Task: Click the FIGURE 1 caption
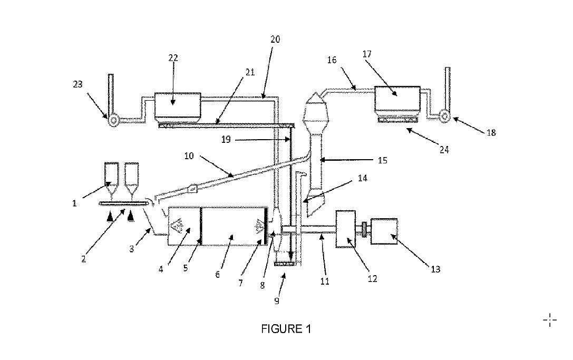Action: point(286,329)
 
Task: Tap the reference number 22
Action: point(173,57)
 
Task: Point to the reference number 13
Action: point(435,269)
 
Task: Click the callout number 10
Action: point(189,156)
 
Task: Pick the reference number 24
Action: point(444,150)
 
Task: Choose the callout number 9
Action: point(277,301)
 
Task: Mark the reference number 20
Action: point(276,39)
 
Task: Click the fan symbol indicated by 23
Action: point(112,120)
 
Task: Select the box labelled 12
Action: point(346,229)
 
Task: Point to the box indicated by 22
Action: point(178,106)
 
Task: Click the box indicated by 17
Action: point(397,100)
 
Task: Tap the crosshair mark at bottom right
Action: point(549,319)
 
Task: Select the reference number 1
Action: point(75,203)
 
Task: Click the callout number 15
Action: point(383,160)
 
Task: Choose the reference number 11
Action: point(325,281)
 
